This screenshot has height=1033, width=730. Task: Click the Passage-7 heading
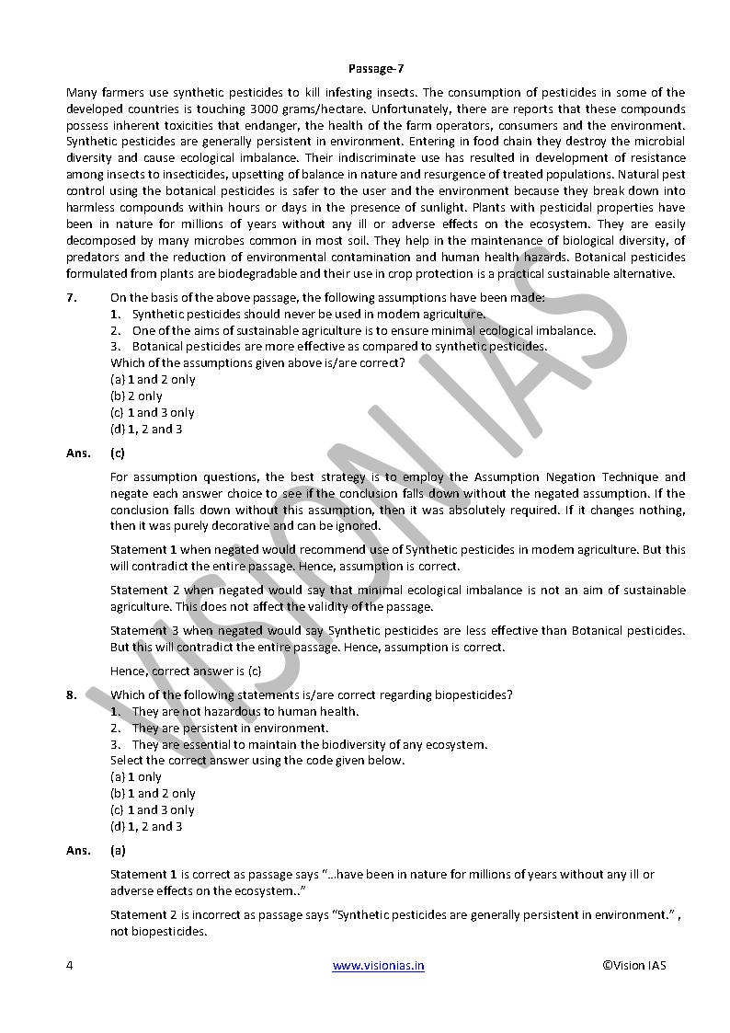tap(376, 69)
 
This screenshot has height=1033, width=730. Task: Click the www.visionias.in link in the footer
tap(378, 965)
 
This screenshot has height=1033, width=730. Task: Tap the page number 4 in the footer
tap(70, 965)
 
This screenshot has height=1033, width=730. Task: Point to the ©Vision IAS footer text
tap(634, 965)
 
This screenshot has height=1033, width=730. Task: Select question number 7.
tap(71, 297)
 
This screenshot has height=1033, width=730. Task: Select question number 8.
tap(71, 694)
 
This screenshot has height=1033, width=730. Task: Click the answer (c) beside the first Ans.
tap(118, 453)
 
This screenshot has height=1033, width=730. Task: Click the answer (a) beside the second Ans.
tap(118, 850)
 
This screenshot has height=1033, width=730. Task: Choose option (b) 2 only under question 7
tap(136, 396)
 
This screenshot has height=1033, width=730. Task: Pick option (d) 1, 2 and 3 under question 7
tap(146, 429)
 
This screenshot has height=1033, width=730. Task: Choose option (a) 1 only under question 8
tap(136, 776)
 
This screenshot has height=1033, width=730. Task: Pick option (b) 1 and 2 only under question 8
tap(153, 793)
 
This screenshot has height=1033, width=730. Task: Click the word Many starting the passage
tap(81, 92)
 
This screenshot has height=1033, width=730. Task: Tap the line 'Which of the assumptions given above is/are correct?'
tap(257, 362)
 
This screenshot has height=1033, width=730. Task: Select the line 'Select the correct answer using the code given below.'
tap(257, 760)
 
